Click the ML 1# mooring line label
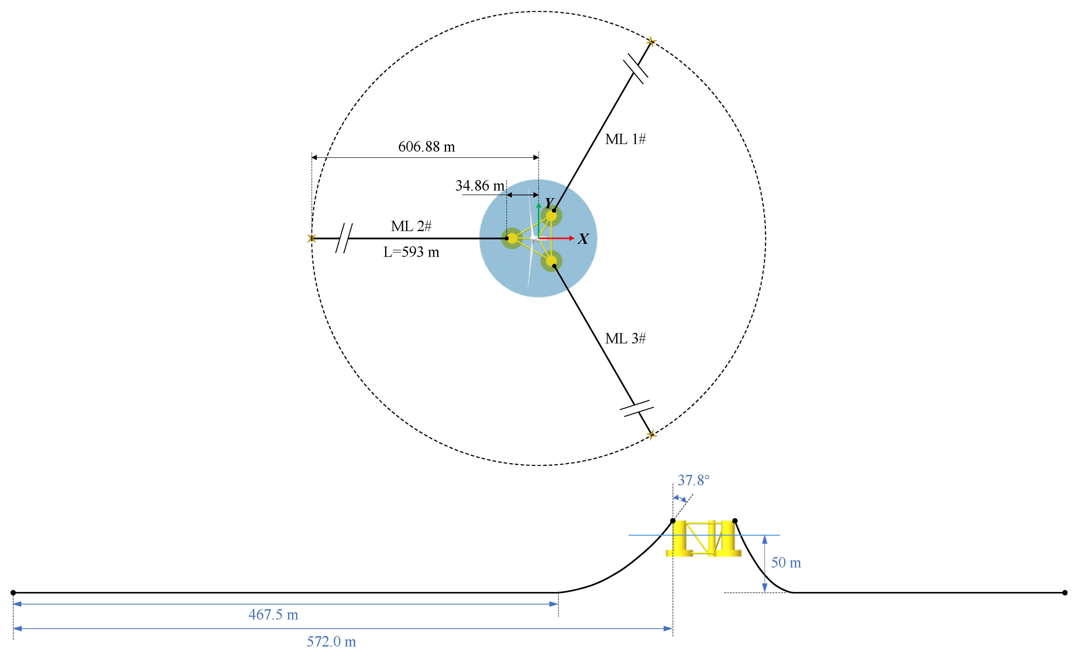(x=625, y=139)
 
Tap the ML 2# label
(x=411, y=226)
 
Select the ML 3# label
(x=625, y=338)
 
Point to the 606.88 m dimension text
(x=426, y=147)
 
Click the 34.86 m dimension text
(x=479, y=186)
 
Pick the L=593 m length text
(x=411, y=252)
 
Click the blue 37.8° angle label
(x=693, y=480)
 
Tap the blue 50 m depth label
(x=786, y=562)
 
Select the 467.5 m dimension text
(x=273, y=615)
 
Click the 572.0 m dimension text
(x=331, y=641)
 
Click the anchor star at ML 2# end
(x=311, y=239)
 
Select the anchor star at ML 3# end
(x=651, y=435)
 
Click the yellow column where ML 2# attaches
(x=512, y=239)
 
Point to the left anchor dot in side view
(x=13, y=593)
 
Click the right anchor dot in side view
(x=1065, y=593)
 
